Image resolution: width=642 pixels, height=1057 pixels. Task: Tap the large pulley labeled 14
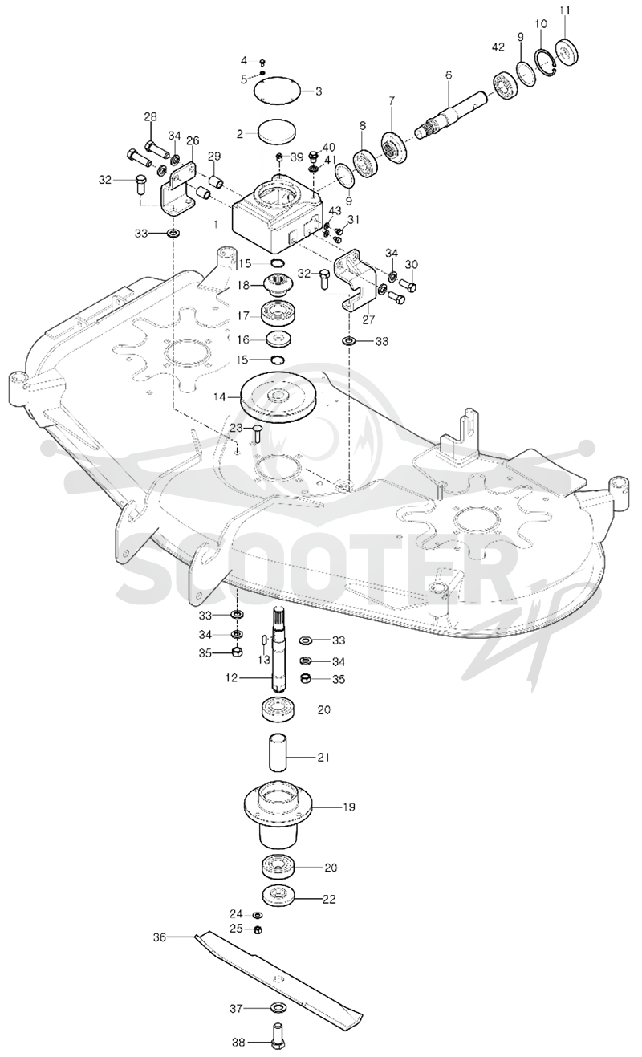pyautogui.click(x=278, y=398)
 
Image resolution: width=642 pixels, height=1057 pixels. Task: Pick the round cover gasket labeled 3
pyautogui.click(x=278, y=89)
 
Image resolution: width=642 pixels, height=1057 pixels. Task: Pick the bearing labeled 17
pyautogui.click(x=278, y=313)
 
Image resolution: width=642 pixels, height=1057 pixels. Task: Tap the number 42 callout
pyautogui.click(x=498, y=47)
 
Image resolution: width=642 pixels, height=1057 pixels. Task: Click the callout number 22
pyautogui.click(x=329, y=899)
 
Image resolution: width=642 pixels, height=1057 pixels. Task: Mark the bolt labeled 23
pyautogui.click(x=257, y=433)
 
